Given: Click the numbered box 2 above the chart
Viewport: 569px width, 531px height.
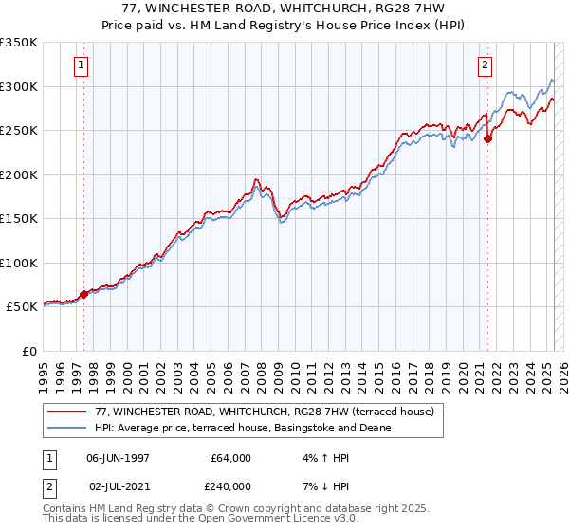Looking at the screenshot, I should tap(485, 65).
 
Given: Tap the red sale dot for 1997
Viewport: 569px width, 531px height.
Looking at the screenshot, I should tap(83, 294).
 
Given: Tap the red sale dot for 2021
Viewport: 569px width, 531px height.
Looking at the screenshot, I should tap(488, 138).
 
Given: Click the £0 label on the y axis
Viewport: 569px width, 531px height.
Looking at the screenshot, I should tap(28, 351).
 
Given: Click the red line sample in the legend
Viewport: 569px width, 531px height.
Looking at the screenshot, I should tap(67, 412).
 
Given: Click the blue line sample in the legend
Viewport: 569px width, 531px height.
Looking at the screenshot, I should tap(67, 428).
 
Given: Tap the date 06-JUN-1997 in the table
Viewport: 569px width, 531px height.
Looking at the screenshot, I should tap(118, 458).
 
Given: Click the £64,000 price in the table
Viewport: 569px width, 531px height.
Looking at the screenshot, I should tap(231, 458).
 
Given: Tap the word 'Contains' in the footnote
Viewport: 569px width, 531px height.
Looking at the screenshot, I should tap(65, 508).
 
